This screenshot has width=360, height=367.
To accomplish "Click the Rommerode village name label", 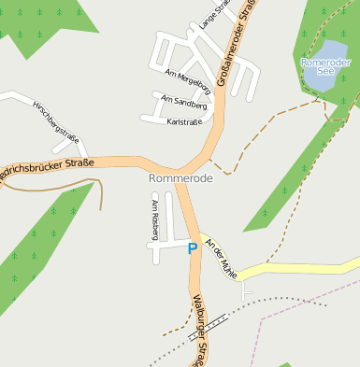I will coord(180,177).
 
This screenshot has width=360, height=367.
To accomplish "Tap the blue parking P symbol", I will coord(193,248).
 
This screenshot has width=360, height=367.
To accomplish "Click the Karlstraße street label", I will coord(183,121).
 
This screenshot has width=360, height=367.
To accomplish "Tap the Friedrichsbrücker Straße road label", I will coord(47,169).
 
